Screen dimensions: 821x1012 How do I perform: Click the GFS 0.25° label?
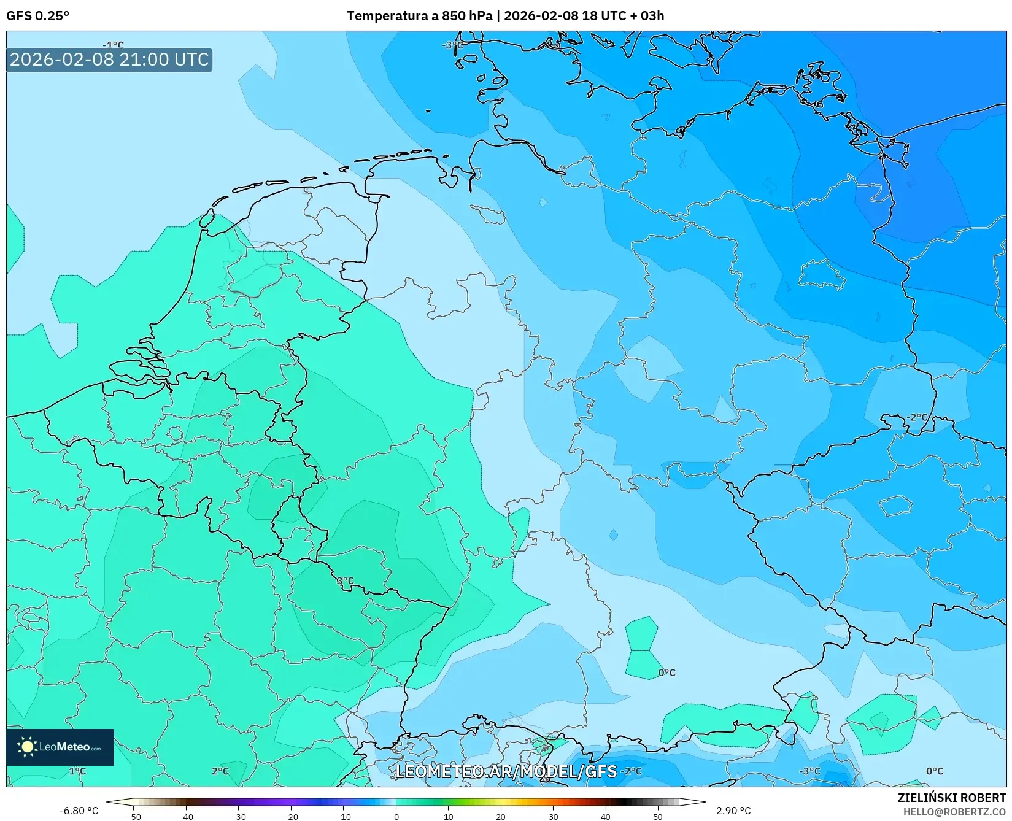37,16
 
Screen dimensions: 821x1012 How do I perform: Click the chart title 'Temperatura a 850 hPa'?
419,16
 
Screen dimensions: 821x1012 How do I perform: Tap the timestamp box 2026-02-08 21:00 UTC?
109,60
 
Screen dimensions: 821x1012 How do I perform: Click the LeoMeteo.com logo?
60,747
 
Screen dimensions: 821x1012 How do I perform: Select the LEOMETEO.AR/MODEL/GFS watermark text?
506,771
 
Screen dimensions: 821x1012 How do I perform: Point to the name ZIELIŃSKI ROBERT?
952,798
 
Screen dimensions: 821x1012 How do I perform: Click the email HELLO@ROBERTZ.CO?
954,812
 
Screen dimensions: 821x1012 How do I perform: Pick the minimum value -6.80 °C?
79,811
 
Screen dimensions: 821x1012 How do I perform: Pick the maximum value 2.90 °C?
733,811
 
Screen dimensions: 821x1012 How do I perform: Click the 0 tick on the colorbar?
396,817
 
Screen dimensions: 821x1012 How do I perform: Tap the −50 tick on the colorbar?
133,817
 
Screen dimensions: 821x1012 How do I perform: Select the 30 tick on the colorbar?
554,817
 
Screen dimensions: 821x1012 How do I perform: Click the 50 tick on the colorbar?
658,817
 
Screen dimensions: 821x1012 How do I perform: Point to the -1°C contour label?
113,45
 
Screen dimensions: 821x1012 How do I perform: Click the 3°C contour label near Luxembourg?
345,580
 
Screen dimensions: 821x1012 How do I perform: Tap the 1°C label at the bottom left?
77,771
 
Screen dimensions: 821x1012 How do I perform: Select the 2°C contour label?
220,771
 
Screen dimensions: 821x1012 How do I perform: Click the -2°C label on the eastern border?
917,417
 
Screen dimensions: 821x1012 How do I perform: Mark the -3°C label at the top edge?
452,45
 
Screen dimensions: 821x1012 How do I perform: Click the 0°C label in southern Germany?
666,673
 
